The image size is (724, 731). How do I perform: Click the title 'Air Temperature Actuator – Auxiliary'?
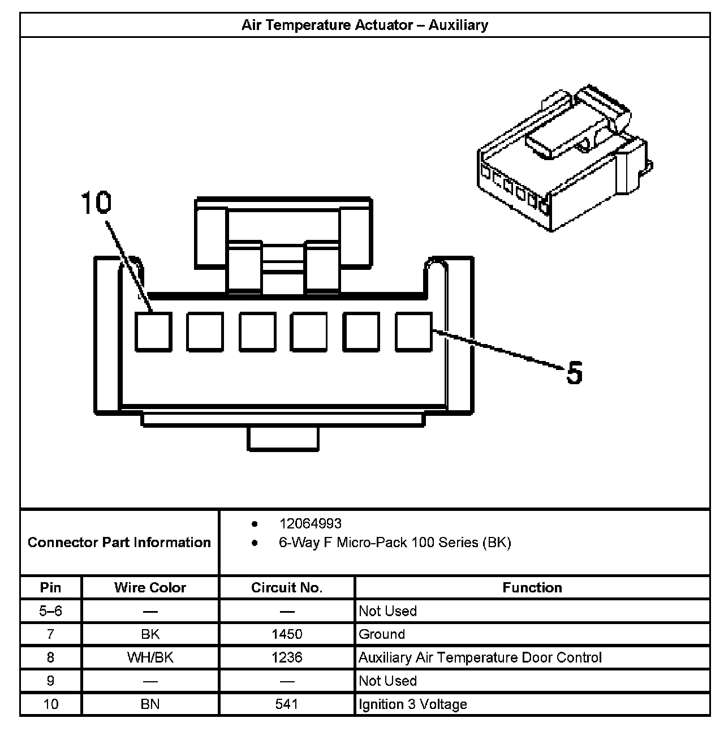click(x=364, y=25)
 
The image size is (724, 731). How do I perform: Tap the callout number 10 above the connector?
click(x=96, y=203)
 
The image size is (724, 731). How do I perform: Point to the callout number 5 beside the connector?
click(x=574, y=373)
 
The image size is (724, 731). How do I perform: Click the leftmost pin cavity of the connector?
click(x=153, y=332)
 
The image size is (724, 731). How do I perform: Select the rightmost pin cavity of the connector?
click(x=413, y=332)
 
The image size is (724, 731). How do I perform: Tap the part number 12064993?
click(x=310, y=524)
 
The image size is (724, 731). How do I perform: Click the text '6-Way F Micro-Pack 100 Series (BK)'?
click(x=395, y=543)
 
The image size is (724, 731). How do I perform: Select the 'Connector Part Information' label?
click(x=119, y=542)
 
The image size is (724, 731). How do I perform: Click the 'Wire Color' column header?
click(x=150, y=587)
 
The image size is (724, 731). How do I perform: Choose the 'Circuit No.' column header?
click(x=287, y=587)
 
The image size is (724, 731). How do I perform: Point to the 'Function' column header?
click(x=532, y=587)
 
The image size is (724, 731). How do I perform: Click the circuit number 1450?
click(x=287, y=634)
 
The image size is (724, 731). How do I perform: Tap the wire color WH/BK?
click(x=150, y=657)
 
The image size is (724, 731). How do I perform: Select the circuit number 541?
click(x=287, y=704)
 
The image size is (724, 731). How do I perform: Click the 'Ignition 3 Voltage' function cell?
click(x=413, y=704)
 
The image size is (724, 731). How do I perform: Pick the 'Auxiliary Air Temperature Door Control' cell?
click(x=480, y=657)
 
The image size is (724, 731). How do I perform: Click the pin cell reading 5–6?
click(x=50, y=611)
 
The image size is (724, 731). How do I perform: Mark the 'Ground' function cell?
click(x=382, y=634)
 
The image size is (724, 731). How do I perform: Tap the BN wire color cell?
click(x=150, y=704)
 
